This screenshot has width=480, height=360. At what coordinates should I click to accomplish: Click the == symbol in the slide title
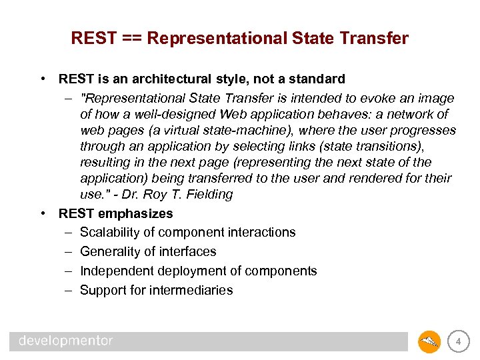point(133,39)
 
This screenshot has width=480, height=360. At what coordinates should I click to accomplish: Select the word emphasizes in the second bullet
point(137,213)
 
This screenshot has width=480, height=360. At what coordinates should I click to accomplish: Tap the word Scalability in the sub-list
point(110,232)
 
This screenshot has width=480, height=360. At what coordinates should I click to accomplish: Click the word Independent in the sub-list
point(115,271)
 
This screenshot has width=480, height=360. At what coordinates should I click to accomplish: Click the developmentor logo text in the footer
point(66,341)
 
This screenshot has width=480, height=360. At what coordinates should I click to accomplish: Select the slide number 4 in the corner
point(458,342)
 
